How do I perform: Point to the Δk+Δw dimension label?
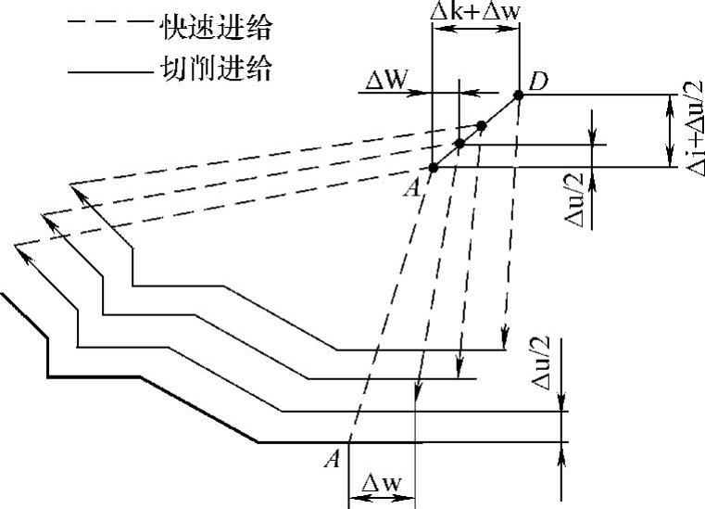coord(475,11)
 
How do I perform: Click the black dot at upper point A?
coord(433,167)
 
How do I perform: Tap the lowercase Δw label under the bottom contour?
coord(380,483)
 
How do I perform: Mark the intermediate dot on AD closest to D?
coord(481,125)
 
